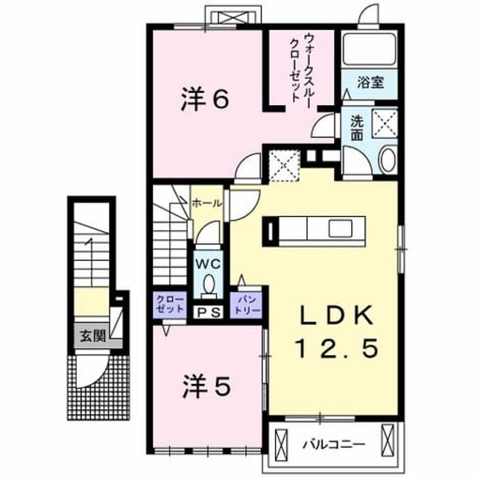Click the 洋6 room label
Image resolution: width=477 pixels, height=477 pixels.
pyautogui.click(x=205, y=98)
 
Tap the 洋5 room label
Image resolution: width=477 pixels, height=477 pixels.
pyautogui.click(x=206, y=386)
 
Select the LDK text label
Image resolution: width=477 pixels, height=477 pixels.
pyautogui.click(x=337, y=315)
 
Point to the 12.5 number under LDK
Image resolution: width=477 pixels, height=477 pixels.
pyautogui.click(x=337, y=348)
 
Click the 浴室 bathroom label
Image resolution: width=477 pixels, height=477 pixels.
pyautogui.click(x=370, y=83)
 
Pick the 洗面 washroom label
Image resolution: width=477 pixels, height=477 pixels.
pyautogui.click(x=356, y=128)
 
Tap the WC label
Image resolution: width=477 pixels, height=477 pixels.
pyautogui.click(x=208, y=264)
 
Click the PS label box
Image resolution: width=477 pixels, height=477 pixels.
pyautogui.click(x=209, y=312)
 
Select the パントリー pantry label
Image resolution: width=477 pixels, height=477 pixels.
pyautogui.click(x=246, y=305)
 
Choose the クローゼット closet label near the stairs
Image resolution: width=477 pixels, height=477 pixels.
pyautogui.click(x=170, y=305)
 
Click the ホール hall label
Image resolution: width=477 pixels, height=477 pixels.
pyautogui.click(x=207, y=203)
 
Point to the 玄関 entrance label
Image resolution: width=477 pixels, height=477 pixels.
pyautogui.click(x=93, y=336)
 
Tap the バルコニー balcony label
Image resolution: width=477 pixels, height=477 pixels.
pyautogui.click(x=334, y=444)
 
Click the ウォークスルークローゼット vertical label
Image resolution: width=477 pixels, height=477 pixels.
pyautogui.click(x=300, y=68)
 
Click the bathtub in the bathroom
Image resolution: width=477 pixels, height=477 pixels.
pyautogui.click(x=370, y=49)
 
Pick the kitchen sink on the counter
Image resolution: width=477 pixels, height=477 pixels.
pyautogui.click(x=340, y=228)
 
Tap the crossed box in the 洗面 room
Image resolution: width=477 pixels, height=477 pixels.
pyautogui.click(x=385, y=124)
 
